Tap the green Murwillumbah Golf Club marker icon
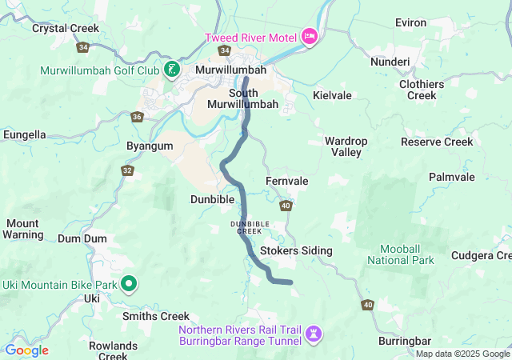click(x=170, y=70)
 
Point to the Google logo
click(x=26, y=350)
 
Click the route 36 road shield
click(x=137, y=116)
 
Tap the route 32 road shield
click(x=127, y=170)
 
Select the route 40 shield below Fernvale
click(x=286, y=206)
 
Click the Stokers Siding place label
click(x=296, y=250)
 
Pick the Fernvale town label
click(x=286, y=182)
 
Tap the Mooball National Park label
click(x=401, y=254)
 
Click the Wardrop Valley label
click(x=346, y=146)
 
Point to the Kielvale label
click(x=332, y=95)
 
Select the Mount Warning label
click(x=23, y=229)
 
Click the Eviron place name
click(x=410, y=23)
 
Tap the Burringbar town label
click(x=404, y=341)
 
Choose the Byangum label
click(x=150, y=146)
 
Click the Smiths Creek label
click(x=155, y=316)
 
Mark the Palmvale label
click(x=451, y=177)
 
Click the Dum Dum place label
click(x=82, y=238)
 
